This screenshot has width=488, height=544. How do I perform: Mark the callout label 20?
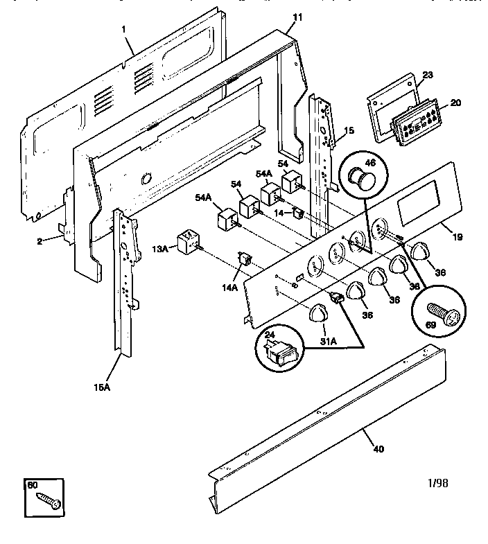[455, 103]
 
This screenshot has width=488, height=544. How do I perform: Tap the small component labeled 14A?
[243, 261]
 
